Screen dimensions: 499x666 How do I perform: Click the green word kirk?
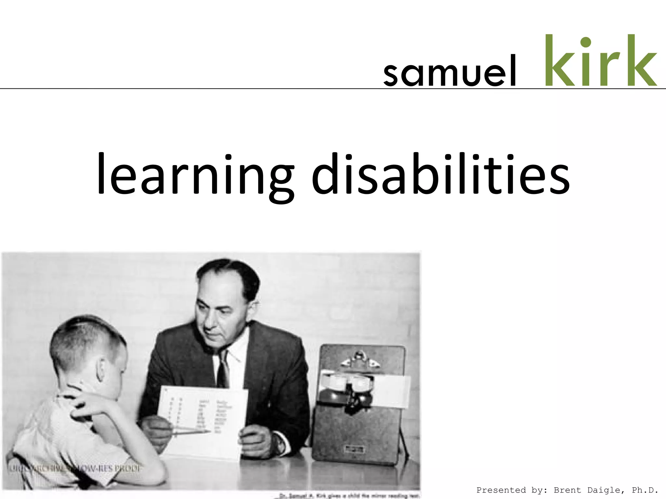point(600,61)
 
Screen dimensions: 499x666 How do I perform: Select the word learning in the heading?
point(195,175)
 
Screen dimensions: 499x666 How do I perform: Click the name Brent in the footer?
point(567,490)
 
